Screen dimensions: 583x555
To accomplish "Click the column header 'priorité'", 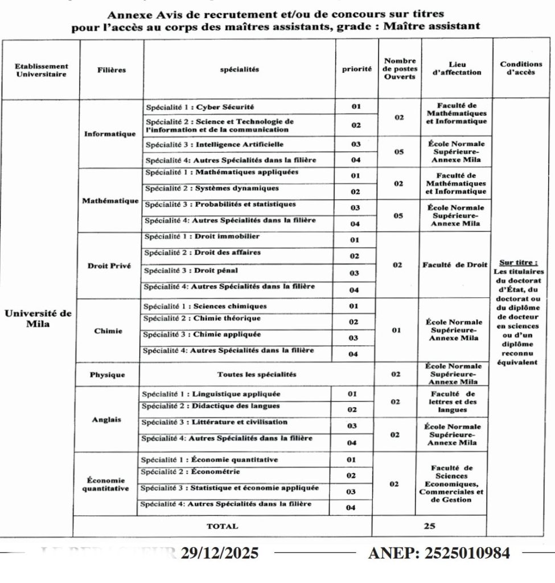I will [356, 69].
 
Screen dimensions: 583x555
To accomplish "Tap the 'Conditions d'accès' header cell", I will [521, 69].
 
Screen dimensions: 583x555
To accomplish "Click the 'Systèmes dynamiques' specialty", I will [211, 188].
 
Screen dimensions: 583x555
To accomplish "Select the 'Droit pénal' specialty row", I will [188, 270].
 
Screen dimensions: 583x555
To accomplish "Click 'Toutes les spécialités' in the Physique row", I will [257, 375].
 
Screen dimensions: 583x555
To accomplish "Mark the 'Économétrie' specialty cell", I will [190, 471].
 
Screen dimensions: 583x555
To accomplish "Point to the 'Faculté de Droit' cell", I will [455, 265].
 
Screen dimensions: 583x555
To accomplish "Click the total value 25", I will [429, 527].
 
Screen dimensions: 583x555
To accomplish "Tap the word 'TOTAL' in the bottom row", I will [222, 527].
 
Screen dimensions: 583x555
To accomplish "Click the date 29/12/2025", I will [220, 553].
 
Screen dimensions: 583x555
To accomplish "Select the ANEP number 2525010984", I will [439, 553].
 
